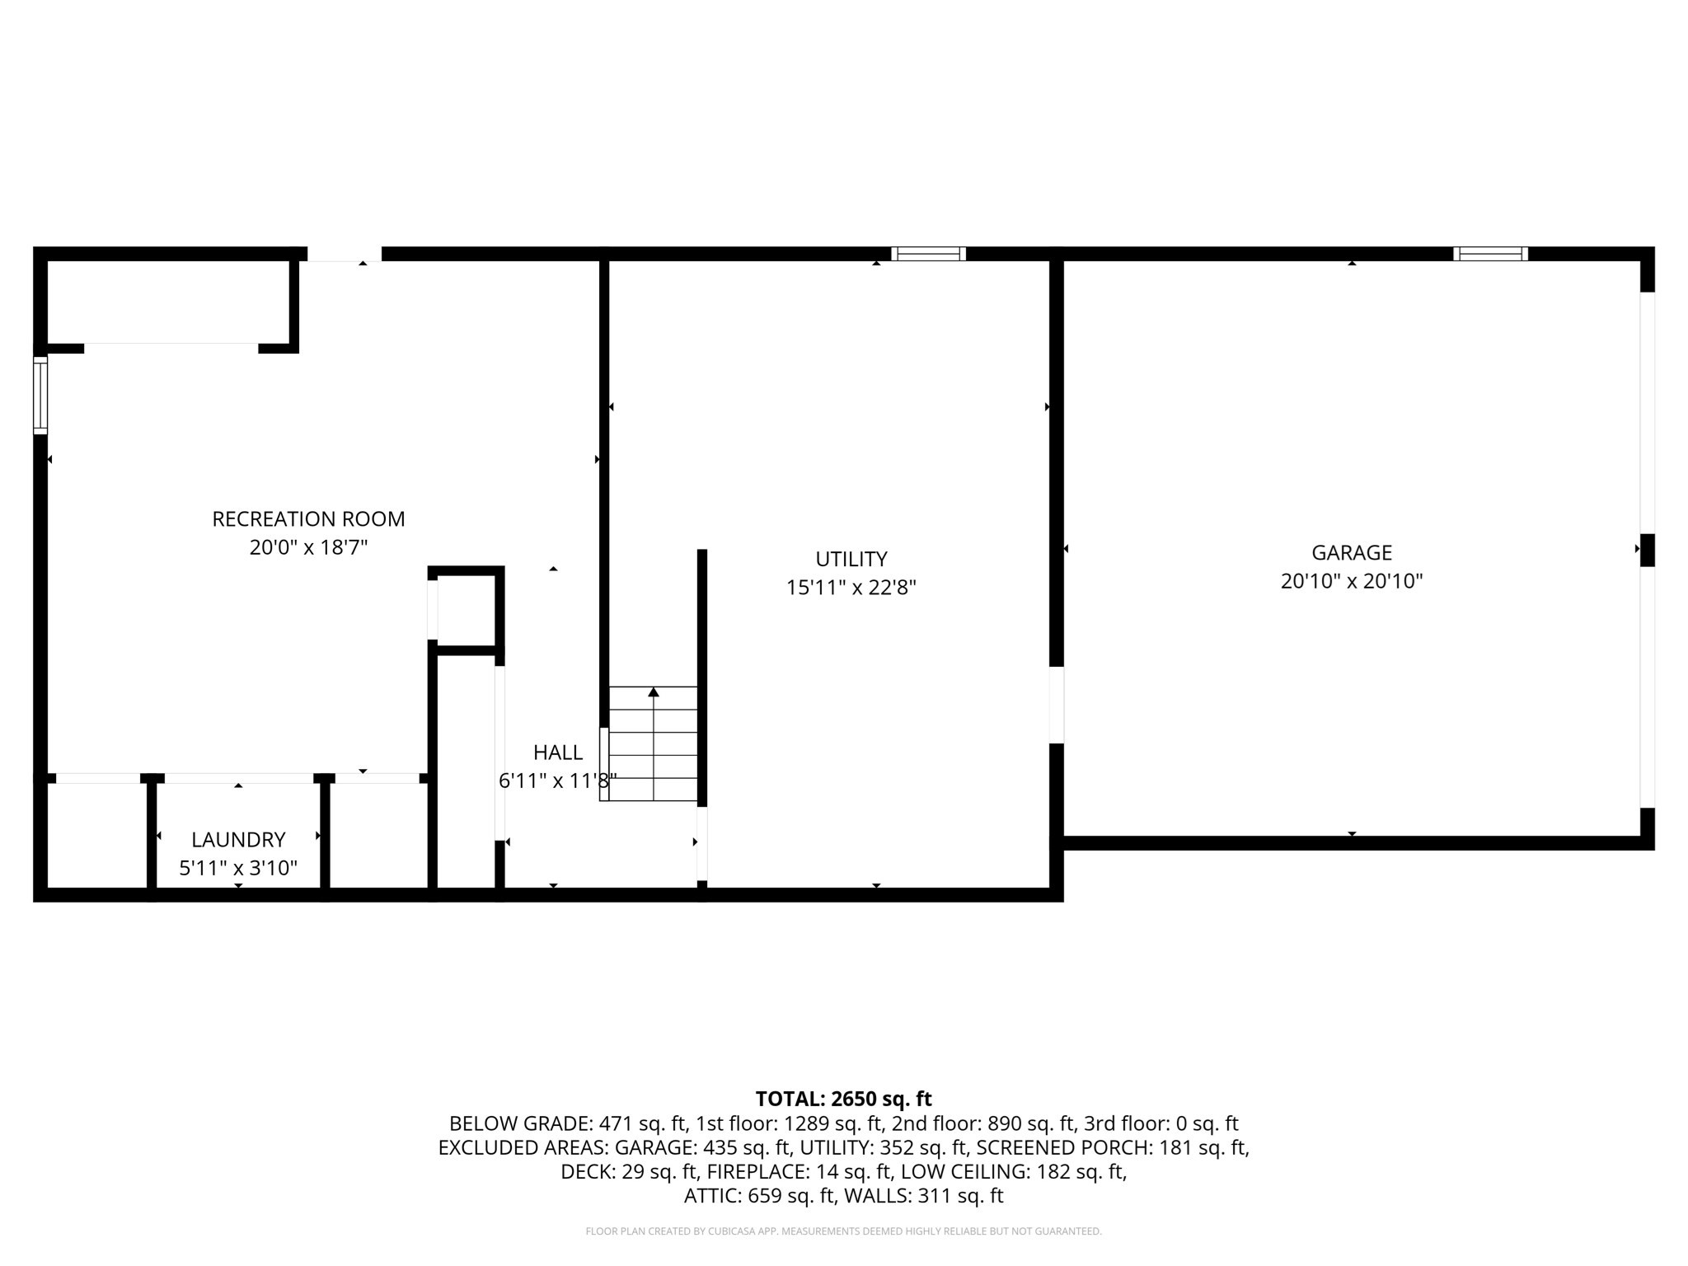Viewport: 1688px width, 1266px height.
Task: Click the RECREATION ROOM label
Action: click(x=308, y=519)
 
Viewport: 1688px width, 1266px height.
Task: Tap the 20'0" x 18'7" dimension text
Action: click(x=308, y=547)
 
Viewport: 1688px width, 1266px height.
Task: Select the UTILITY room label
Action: click(x=851, y=560)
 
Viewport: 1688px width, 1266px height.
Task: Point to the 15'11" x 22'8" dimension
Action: click(x=851, y=588)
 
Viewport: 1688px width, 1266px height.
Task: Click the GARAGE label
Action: click(x=1352, y=553)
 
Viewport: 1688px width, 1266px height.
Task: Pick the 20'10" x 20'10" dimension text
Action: click(x=1352, y=581)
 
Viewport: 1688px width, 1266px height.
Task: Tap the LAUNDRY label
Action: click(x=238, y=840)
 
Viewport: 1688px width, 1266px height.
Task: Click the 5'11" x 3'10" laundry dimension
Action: click(x=238, y=868)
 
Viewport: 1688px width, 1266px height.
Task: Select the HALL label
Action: click(x=558, y=753)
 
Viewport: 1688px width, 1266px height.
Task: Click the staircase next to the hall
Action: click(x=653, y=743)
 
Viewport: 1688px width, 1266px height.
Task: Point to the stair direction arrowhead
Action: click(x=654, y=692)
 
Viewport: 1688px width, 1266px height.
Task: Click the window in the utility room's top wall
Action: click(x=928, y=254)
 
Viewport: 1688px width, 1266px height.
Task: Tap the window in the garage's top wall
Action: click(x=1490, y=254)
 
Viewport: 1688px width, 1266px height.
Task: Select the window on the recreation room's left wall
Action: click(x=40, y=395)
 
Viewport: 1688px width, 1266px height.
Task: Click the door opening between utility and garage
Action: click(x=1057, y=705)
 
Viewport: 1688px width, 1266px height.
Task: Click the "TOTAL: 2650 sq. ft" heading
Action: click(x=843, y=1099)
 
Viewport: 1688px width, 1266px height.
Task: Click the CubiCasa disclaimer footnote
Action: click(x=843, y=1231)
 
